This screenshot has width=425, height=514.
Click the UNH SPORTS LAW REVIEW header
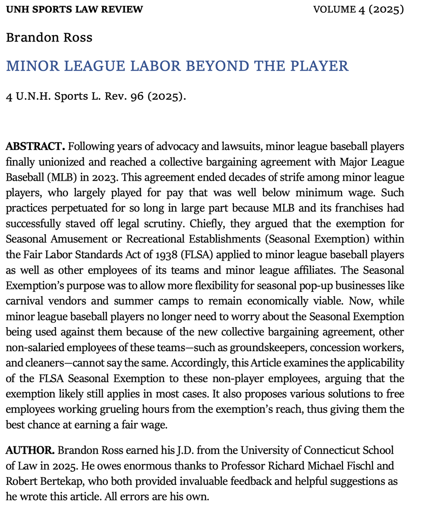tap(74, 9)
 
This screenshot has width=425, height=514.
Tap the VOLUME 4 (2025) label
tap(358, 9)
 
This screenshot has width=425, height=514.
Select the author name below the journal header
tap(49, 38)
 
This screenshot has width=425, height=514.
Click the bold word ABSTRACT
tap(35, 147)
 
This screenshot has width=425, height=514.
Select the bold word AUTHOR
tap(30, 451)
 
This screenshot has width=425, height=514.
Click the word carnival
tap(24, 301)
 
